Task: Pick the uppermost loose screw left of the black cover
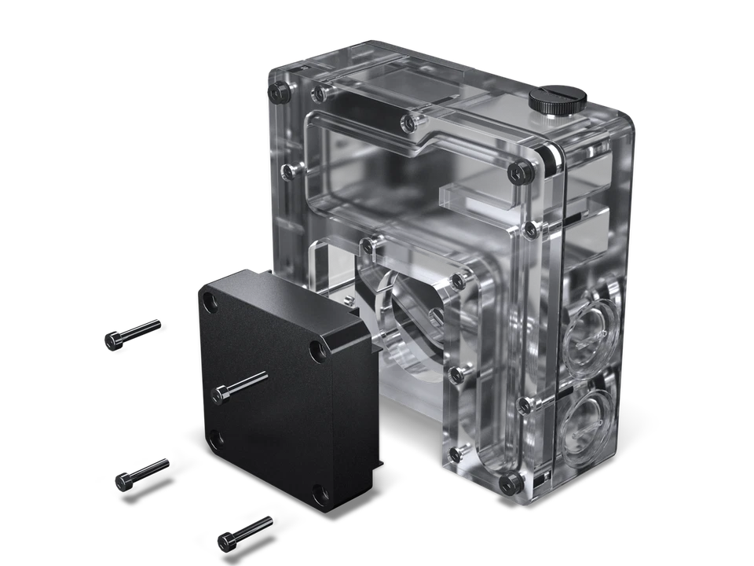(x=131, y=332)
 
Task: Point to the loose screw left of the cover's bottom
(x=141, y=472)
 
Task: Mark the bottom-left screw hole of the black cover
(x=218, y=438)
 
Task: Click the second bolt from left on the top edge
(x=319, y=95)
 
